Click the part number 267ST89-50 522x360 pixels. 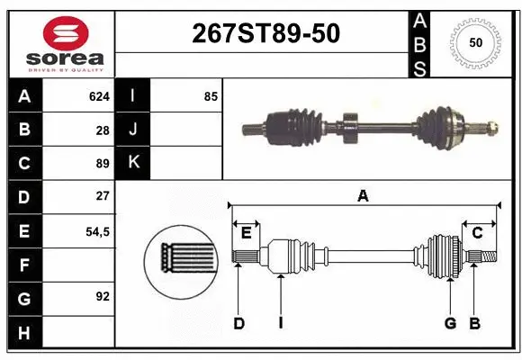click(266, 33)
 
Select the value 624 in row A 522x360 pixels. click(98, 96)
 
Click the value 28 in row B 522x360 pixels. click(103, 130)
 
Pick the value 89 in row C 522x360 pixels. click(103, 164)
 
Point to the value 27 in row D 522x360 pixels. click(103, 196)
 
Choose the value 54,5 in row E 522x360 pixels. click(97, 231)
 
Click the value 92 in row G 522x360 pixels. click(103, 296)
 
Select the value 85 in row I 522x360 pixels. click(211, 96)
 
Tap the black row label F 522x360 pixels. click(24, 265)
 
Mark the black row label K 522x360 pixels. click(134, 163)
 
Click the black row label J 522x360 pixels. click(134, 130)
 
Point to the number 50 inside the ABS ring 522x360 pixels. click(476, 42)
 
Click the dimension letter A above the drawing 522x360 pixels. click(364, 196)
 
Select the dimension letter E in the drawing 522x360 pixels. click(246, 234)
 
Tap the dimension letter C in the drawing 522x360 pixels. click(478, 234)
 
